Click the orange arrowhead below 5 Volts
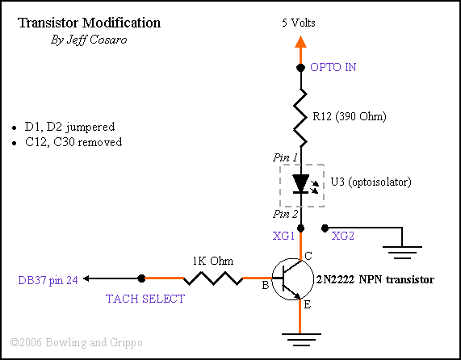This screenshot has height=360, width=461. point(300,42)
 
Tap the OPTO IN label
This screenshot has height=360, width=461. point(333,67)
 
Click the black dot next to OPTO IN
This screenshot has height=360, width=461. point(300,68)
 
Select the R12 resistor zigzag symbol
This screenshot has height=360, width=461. point(301,117)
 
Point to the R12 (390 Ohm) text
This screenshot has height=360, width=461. point(350,117)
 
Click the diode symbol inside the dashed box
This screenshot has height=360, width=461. point(301,184)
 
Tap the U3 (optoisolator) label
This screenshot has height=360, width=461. point(371,182)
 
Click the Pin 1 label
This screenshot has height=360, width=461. point(285,158)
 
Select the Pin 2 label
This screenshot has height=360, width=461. point(285,214)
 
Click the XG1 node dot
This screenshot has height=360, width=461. point(300,228)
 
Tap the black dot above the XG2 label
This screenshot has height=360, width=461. point(325,228)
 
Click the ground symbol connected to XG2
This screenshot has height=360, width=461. point(402,253)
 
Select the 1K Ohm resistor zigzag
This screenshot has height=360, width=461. point(213,278)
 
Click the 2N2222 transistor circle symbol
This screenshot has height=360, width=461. point(292,279)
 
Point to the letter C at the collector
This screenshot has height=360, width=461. point(308,257)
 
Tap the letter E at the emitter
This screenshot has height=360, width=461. point(307,305)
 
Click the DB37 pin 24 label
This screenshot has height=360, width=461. point(48,280)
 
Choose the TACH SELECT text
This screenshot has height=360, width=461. point(145,299)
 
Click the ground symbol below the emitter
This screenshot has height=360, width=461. point(301,340)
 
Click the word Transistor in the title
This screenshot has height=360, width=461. point(47,23)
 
